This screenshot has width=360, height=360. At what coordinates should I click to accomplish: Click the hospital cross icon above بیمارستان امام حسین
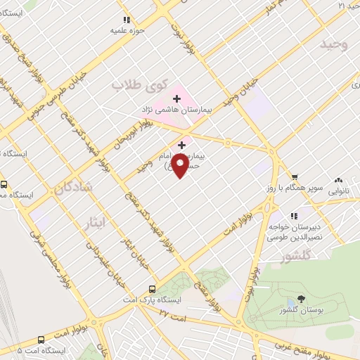click(182, 143)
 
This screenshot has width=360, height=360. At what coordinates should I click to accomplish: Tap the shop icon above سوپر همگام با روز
click(295, 178)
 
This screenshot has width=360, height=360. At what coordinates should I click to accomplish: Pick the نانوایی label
click(340, 191)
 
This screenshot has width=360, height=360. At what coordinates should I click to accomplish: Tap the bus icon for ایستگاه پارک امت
click(153, 289)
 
